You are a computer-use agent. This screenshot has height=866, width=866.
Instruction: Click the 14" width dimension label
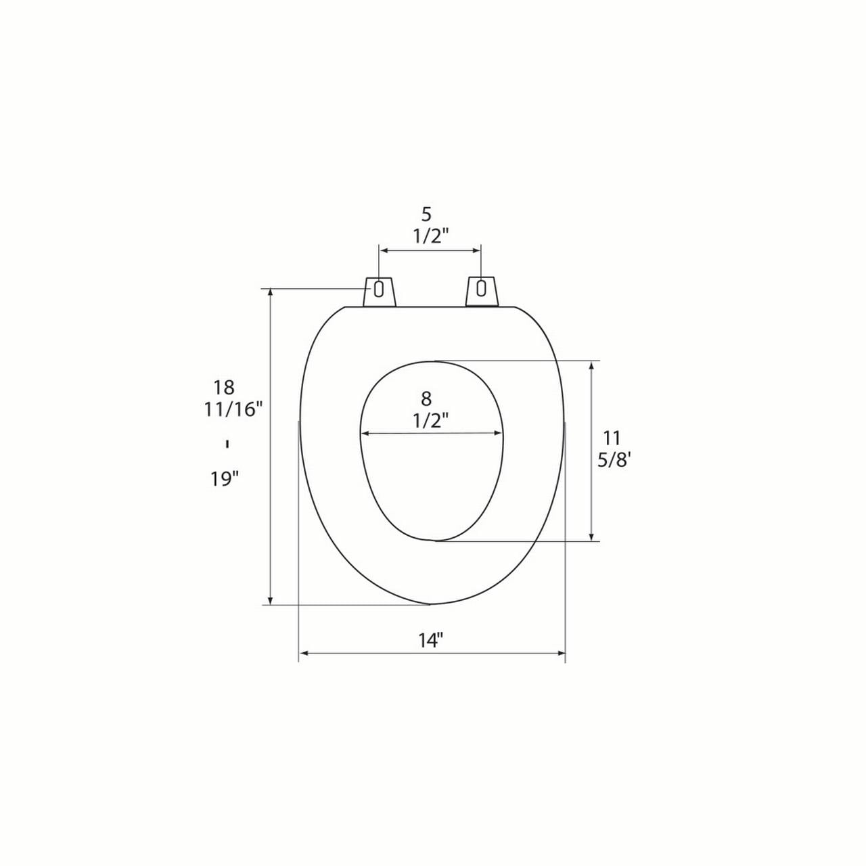pyautogui.click(x=431, y=641)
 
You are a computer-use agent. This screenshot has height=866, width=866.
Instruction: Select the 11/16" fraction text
pyautogui.click(x=233, y=409)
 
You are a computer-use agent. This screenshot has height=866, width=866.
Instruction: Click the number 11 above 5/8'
pyautogui.click(x=611, y=437)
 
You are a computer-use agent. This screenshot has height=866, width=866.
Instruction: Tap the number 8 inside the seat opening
pyautogui.click(x=426, y=398)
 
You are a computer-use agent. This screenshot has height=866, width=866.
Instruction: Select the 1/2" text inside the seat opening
pyautogui.click(x=430, y=421)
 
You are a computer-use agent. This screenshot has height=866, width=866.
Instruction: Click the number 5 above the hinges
pyautogui.click(x=426, y=215)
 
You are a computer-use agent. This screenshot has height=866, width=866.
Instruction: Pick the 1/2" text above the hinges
pyautogui.click(x=430, y=236)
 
